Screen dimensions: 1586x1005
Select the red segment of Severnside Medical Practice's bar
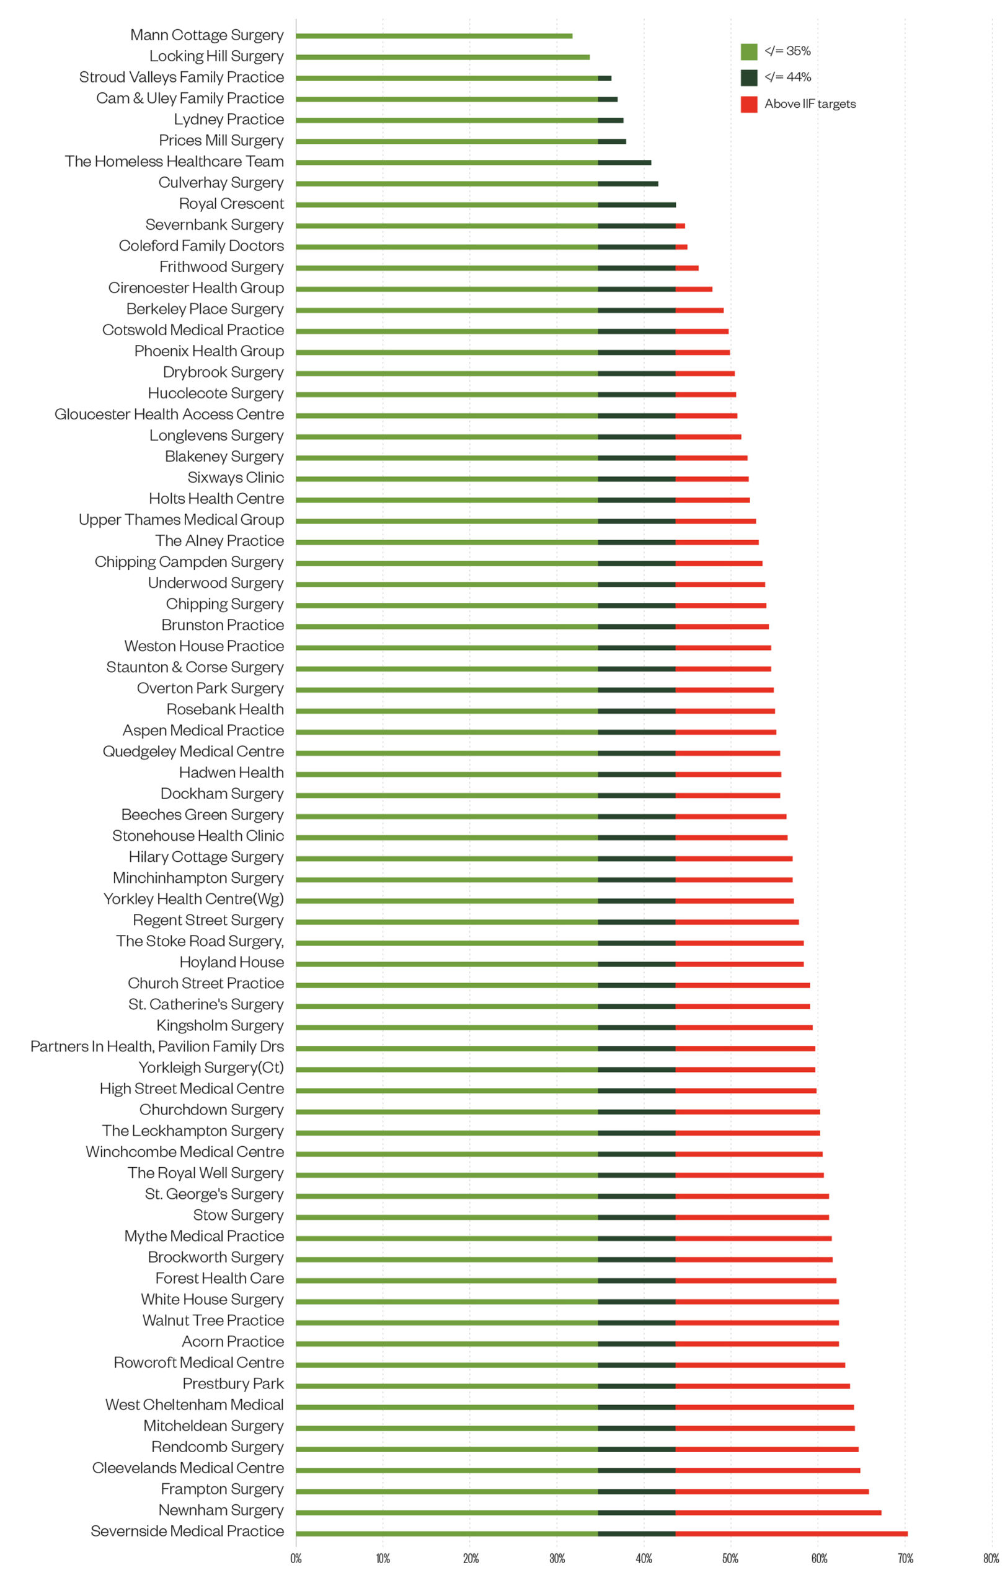point(791,1534)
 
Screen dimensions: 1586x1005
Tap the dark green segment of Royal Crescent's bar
point(637,205)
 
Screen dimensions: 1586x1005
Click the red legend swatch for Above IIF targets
point(749,104)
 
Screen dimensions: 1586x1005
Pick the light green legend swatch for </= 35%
point(749,51)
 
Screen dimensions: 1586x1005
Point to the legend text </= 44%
point(787,77)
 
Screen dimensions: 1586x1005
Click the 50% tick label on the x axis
point(730,1558)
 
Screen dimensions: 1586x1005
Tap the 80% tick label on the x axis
point(991,1558)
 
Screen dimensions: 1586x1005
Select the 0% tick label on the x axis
point(296,1558)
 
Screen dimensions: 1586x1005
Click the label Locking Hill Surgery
point(216,56)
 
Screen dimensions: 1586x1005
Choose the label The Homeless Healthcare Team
point(175,162)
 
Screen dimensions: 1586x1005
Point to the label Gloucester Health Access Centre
point(169,415)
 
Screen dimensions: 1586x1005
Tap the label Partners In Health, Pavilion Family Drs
point(157,1046)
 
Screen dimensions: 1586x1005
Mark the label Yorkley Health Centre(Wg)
point(194,899)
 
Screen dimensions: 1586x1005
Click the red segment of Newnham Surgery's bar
point(777,1513)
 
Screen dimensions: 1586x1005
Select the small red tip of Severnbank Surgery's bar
point(680,226)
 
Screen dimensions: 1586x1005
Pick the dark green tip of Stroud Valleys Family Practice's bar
point(604,79)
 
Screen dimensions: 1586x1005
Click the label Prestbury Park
point(233,1384)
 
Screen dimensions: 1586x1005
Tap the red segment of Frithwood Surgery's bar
point(687,268)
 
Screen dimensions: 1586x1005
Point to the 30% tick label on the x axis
point(557,1558)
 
